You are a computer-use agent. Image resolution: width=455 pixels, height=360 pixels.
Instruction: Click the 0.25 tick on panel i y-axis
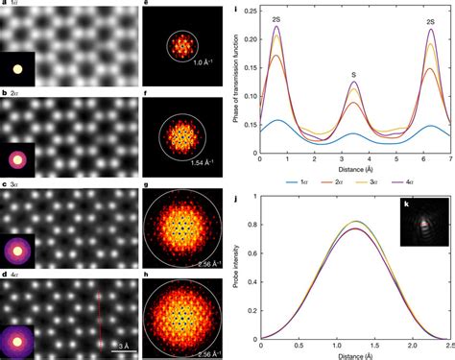pyautogui.click(x=240, y=12)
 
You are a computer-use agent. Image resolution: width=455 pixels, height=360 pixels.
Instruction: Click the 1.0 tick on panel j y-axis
pyautogui.click(x=241, y=195)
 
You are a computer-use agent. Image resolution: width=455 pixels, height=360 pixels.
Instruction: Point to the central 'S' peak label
pyautogui.click(x=355, y=72)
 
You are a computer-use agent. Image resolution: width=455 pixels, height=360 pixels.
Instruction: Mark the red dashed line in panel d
pyautogui.click(x=100, y=315)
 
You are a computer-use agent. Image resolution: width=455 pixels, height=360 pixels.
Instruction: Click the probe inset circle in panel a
pyautogui.click(x=18, y=69)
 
